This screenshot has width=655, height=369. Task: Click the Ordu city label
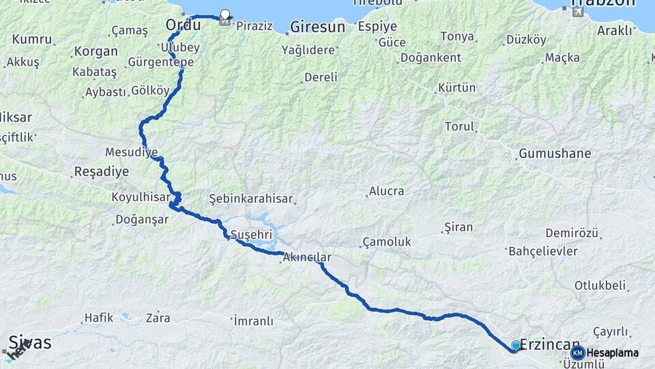(183, 25)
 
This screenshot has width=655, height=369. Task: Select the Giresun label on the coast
(317, 27)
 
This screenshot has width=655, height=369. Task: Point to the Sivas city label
(30, 342)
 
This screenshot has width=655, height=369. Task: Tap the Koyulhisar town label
(141, 197)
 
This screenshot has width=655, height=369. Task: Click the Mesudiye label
(132, 151)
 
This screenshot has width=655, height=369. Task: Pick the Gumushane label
(555, 153)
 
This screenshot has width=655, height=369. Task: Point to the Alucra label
(386, 191)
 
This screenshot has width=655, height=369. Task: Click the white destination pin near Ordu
(224, 14)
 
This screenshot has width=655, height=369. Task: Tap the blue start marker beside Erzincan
(515, 346)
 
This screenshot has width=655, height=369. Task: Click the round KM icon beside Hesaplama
(578, 353)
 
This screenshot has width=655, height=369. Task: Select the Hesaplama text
(613, 353)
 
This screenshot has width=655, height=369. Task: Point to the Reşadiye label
(101, 172)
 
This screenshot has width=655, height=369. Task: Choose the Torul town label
(458, 126)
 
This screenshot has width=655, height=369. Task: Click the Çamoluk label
(387, 241)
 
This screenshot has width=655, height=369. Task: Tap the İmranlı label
(253, 320)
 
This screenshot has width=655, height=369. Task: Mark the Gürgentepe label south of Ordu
(161, 62)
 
